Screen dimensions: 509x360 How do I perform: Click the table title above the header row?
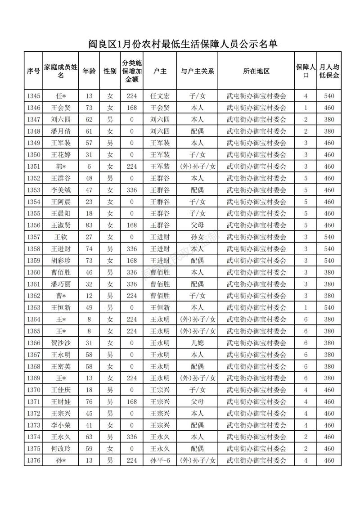[182, 44]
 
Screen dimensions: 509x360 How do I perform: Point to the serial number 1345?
[34, 96]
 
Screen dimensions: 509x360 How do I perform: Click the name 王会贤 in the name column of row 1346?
[61, 108]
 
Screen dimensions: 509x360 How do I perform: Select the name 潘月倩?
[61, 131]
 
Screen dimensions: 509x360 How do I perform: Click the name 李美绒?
[61, 190]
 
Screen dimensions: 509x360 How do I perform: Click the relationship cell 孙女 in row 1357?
[197, 237]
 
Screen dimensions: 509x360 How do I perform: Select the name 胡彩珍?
[61, 261]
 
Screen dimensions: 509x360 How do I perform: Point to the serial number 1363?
[34, 307]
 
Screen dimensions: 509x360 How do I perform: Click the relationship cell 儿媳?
[197, 342]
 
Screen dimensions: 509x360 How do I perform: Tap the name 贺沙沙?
[61, 342]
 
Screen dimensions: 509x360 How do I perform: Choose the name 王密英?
[61, 366]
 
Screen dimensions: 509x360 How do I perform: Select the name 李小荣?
[61, 425]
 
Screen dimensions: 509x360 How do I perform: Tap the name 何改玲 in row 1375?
[61, 449]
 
